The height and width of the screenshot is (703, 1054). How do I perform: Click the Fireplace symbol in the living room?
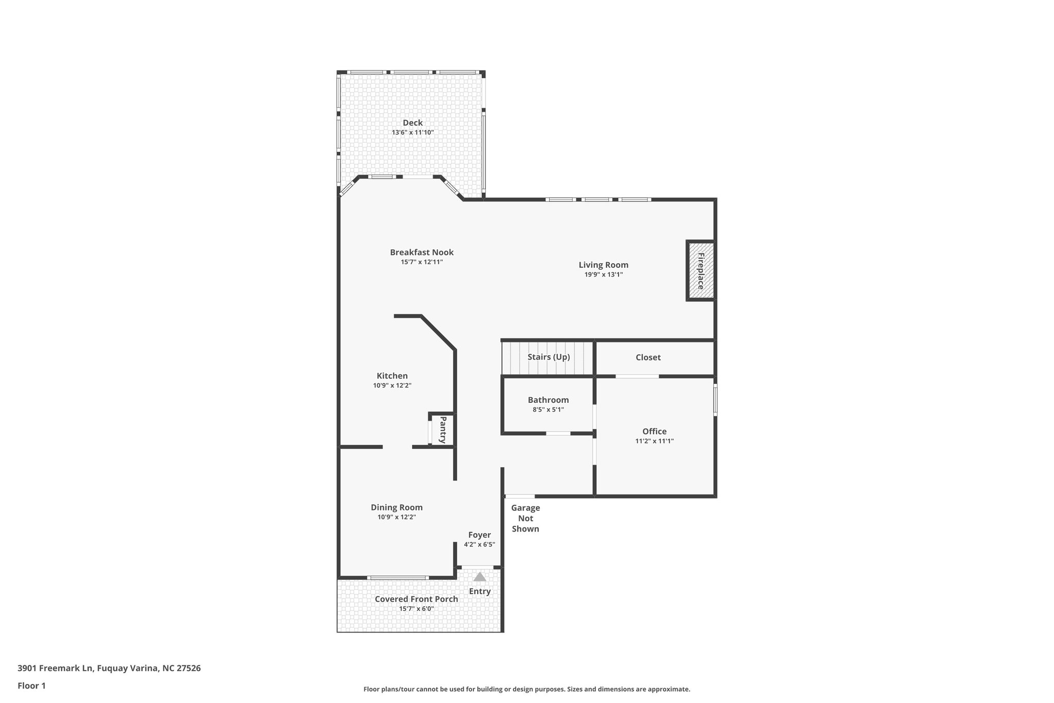tap(700, 270)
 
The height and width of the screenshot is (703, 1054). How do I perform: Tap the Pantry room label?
tap(442, 430)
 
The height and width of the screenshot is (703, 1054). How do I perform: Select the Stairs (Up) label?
tap(549, 357)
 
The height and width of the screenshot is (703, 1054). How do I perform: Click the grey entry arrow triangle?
tap(479, 577)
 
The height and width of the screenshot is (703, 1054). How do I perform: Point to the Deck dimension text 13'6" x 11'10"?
tap(413, 132)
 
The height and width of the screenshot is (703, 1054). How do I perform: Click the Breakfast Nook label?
tap(421, 252)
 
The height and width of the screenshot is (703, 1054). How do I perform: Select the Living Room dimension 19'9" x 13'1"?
tap(603, 275)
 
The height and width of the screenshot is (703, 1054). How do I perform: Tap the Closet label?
tap(648, 357)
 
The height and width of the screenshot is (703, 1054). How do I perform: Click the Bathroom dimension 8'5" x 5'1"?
tap(548, 410)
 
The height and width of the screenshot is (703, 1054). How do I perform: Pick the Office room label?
tap(654, 432)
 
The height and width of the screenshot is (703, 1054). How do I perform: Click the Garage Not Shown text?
tap(525, 518)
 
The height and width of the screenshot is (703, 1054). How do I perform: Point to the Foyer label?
tap(479, 535)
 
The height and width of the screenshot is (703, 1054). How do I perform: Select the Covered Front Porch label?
tap(416, 599)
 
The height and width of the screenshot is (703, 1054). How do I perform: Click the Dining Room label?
tap(396, 507)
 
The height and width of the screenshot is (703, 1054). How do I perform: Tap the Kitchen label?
tap(392, 376)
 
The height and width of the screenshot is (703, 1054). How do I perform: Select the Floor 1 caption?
tap(31, 685)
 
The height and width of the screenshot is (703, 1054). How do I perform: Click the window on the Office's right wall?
tap(715, 399)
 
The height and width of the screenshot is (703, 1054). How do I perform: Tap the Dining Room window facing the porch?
tap(397, 578)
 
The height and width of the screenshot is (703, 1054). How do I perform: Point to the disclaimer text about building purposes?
tap(526, 689)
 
